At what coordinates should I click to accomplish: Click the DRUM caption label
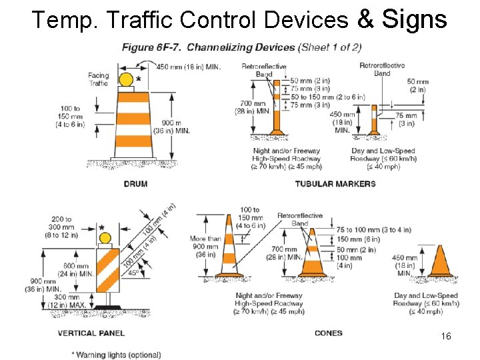coord(135,184)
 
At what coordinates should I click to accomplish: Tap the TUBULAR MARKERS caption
coord(335,184)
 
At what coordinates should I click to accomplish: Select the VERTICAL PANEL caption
coord(91,333)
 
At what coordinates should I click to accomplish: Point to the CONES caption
coord(328,333)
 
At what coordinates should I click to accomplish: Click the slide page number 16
coord(446,337)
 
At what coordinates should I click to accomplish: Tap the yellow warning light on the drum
coord(126,80)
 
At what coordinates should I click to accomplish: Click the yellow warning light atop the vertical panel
coord(105,238)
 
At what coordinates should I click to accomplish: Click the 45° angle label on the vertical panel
coord(134,273)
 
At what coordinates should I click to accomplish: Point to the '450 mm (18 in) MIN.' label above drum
coord(189,66)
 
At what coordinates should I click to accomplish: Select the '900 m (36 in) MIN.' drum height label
coord(176,127)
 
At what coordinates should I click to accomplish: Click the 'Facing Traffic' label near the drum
coord(98,79)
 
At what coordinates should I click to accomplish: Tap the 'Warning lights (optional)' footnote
coord(117,355)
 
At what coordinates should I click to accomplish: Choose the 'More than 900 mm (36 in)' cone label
coord(205,246)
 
